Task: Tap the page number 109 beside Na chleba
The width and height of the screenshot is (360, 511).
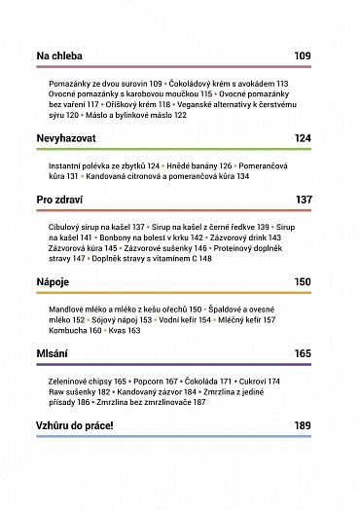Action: [302, 55]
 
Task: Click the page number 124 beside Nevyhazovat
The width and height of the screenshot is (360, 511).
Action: [302, 139]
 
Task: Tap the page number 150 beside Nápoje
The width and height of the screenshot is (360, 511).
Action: [302, 281]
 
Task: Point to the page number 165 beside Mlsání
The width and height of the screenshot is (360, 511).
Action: [302, 352]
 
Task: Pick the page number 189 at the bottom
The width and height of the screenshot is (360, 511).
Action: [302, 424]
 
